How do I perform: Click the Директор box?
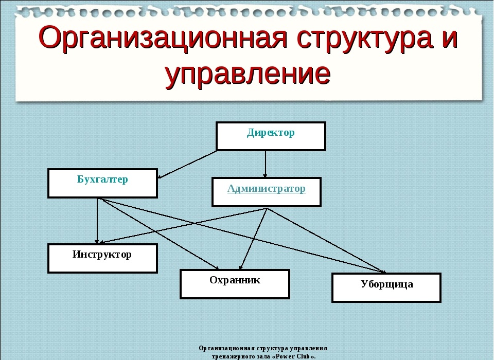pos(271,136)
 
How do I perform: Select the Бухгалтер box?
pos(102,183)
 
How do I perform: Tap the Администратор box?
pos(267,192)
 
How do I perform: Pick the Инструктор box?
pos(102,258)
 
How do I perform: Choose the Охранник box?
pos(235,284)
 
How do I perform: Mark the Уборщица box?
pos(386,288)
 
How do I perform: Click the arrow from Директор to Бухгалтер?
pos(187,165)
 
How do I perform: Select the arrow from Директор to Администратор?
pos(265,164)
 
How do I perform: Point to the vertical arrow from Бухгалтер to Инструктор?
pos(97,221)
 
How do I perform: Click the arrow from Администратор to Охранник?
pos(253,239)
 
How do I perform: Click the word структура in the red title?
pos(364,38)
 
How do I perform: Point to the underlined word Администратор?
pos(267,188)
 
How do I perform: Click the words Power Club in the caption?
pos(294,356)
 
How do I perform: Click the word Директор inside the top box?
pos(271,133)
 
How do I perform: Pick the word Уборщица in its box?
pos(386,284)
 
